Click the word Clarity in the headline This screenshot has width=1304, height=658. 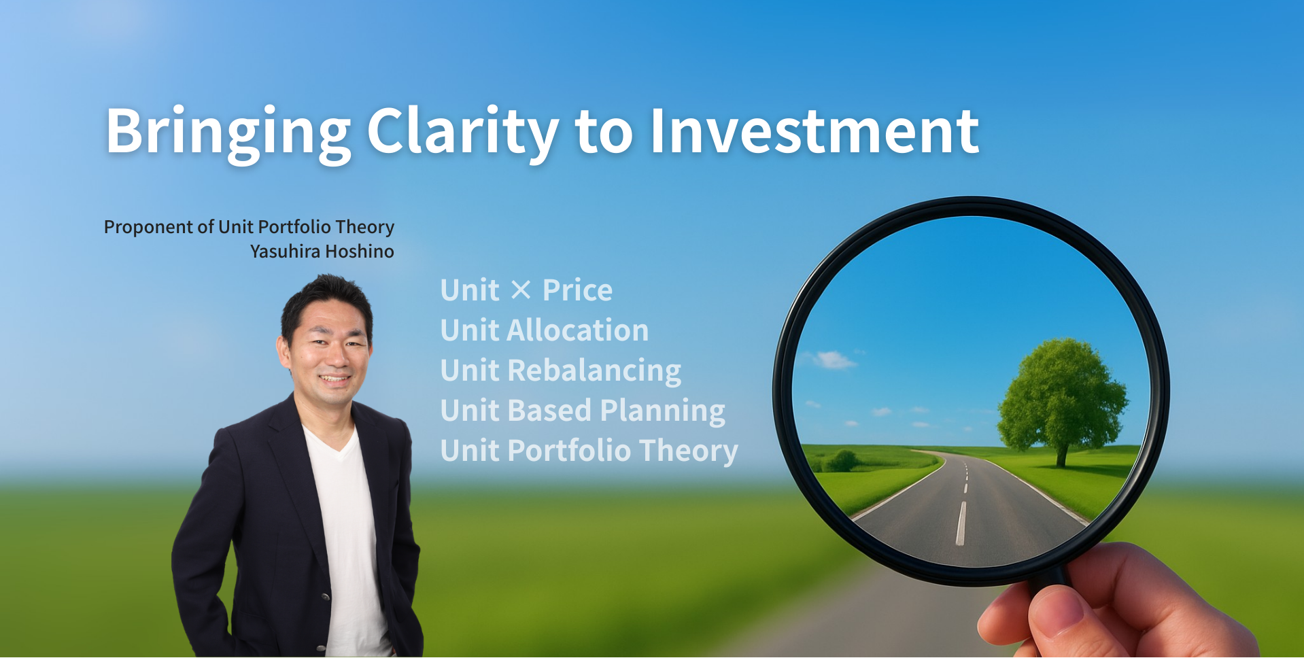pos(462,133)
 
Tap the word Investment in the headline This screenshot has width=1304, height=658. pos(814,131)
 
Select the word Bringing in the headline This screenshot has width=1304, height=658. pos(228,133)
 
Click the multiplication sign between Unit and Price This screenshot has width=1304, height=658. pos(521,291)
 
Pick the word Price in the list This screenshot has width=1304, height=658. pos(577,290)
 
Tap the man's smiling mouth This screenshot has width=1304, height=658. pos(334,379)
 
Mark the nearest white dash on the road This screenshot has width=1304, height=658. pos(961,523)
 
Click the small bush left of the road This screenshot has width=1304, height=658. pos(842,461)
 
